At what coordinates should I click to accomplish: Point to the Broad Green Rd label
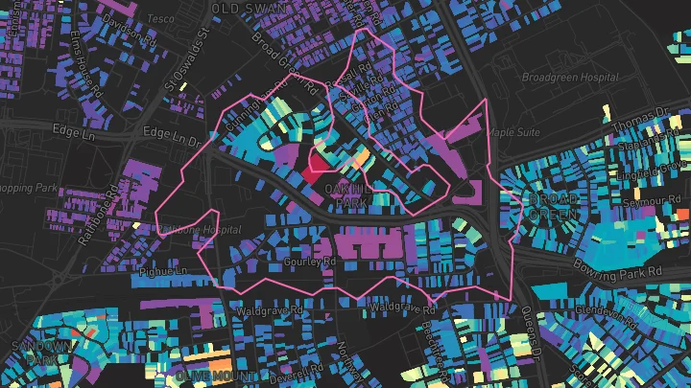tap(281, 59)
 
